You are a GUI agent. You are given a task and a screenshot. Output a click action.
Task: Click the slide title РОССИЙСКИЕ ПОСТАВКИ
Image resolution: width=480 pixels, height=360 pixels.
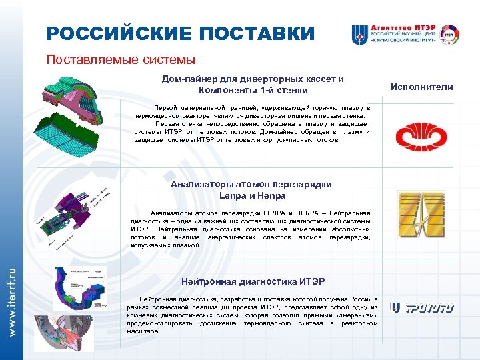tap(180, 33)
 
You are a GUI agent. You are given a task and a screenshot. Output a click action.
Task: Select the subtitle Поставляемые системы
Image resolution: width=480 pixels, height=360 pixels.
tap(121, 60)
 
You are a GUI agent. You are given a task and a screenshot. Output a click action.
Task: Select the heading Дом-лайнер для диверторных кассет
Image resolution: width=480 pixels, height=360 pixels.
tap(253, 79)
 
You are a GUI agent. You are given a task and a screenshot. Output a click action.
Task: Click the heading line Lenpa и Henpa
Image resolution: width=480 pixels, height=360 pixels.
tap(253, 195)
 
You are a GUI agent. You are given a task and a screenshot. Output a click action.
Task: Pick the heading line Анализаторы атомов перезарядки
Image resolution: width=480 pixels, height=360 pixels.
tap(251, 184)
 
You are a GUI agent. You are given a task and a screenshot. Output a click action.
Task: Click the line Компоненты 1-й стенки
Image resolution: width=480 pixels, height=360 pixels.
tap(253, 90)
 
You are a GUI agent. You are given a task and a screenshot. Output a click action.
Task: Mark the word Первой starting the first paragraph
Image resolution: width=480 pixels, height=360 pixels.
tap(165, 107)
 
